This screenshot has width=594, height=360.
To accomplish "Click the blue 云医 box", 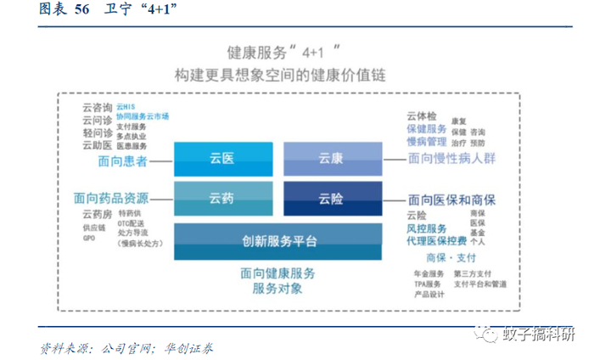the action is click(x=223, y=159).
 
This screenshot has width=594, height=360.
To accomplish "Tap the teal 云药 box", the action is click(x=223, y=199).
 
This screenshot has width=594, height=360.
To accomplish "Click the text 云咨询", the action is click(x=97, y=108).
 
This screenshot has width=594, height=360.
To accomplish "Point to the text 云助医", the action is click(x=97, y=144).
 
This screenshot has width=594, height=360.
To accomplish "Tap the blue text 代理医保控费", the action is click(x=440, y=241).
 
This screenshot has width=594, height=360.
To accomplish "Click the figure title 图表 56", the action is click(x=64, y=9).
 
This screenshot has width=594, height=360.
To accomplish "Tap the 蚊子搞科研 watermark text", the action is click(x=539, y=332).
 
